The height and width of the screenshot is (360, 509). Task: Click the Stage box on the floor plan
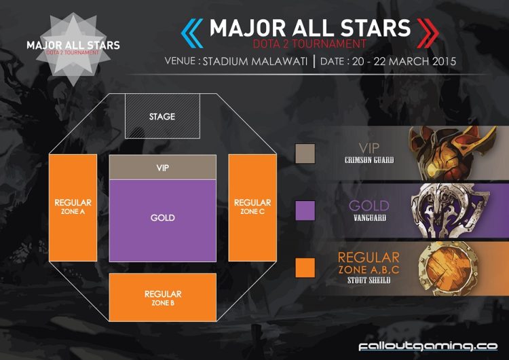pyautogui.click(x=162, y=116)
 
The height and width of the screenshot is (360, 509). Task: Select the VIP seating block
pyautogui.click(x=163, y=167)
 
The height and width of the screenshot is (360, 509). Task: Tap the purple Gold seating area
pyautogui.click(x=163, y=221)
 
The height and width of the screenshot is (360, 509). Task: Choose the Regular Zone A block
pyautogui.click(x=73, y=208)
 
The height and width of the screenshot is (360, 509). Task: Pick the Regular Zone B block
pyautogui.click(x=163, y=298)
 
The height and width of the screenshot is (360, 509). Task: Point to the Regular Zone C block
pyautogui.click(x=252, y=208)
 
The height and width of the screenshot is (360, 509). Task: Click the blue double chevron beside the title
pyautogui.click(x=192, y=33)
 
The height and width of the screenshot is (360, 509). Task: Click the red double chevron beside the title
pyautogui.click(x=428, y=33)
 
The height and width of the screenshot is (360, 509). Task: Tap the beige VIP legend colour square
pyautogui.click(x=305, y=154)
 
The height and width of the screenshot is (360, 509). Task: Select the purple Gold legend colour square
pyautogui.click(x=305, y=211)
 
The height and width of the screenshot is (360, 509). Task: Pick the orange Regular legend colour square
pyautogui.click(x=305, y=268)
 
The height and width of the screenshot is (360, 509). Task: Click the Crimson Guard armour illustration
pyautogui.click(x=453, y=153)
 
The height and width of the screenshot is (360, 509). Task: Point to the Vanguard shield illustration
pyautogui.click(x=451, y=211)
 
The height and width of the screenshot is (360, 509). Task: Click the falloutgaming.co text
pyautogui.click(x=428, y=346)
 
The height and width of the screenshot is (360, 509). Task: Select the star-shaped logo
pyautogui.click(x=73, y=49)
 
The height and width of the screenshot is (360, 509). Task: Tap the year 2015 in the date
pyautogui.click(x=444, y=61)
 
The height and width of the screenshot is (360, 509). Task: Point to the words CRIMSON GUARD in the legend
pyautogui.click(x=369, y=160)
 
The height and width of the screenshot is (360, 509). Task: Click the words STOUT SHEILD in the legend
pyautogui.click(x=369, y=280)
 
